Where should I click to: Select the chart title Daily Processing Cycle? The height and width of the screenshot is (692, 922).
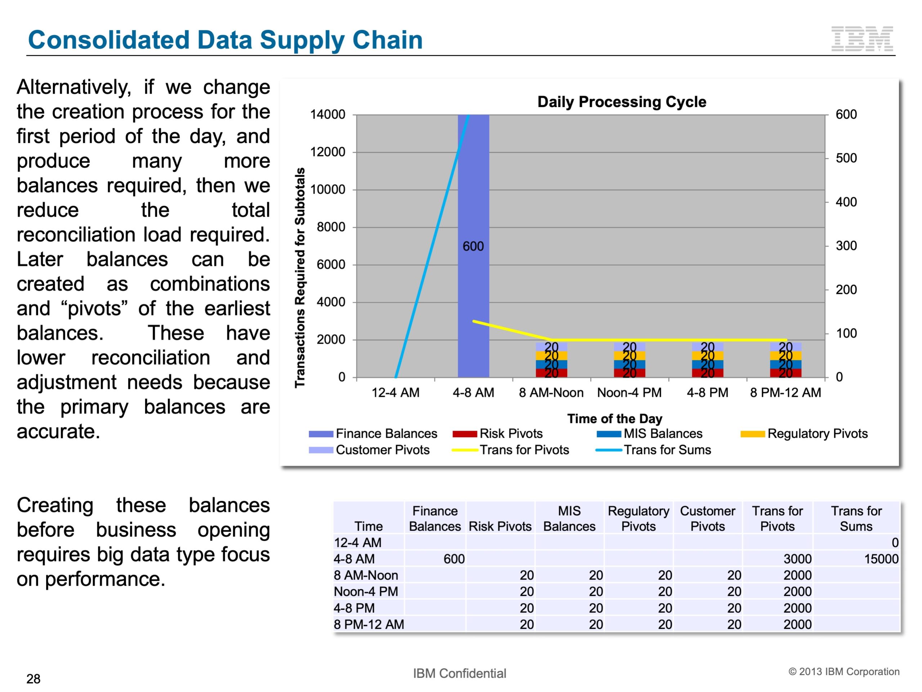pyautogui.click(x=622, y=102)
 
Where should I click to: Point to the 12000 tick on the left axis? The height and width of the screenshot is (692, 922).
pyautogui.click(x=328, y=152)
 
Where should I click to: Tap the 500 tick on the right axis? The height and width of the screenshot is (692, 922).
pyautogui.click(x=846, y=159)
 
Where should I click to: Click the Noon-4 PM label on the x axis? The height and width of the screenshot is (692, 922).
pyautogui.click(x=629, y=393)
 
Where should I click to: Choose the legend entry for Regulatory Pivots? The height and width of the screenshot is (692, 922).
pyautogui.click(x=817, y=434)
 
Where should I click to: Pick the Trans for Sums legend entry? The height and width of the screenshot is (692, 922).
pyautogui.click(x=667, y=450)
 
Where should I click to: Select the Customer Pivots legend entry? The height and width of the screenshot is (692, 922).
pyautogui.click(x=382, y=450)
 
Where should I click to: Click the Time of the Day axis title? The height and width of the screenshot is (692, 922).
pyautogui.click(x=614, y=418)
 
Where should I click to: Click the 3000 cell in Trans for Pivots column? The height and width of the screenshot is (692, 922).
pyautogui.click(x=797, y=559)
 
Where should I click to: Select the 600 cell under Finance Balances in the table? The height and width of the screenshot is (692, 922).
pyautogui.click(x=453, y=559)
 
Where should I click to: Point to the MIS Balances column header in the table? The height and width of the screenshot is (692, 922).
pyautogui.click(x=569, y=519)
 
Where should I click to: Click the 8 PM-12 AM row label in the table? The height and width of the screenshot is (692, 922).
pyautogui.click(x=369, y=625)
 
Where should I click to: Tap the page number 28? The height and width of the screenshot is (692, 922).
pyautogui.click(x=33, y=679)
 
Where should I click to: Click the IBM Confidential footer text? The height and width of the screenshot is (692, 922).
pyautogui.click(x=459, y=673)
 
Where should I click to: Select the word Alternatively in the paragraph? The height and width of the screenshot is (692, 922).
pyautogui.click(x=74, y=88)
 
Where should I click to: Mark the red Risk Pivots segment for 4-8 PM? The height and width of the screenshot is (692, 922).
pyautogui.click(x=707, y=373)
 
